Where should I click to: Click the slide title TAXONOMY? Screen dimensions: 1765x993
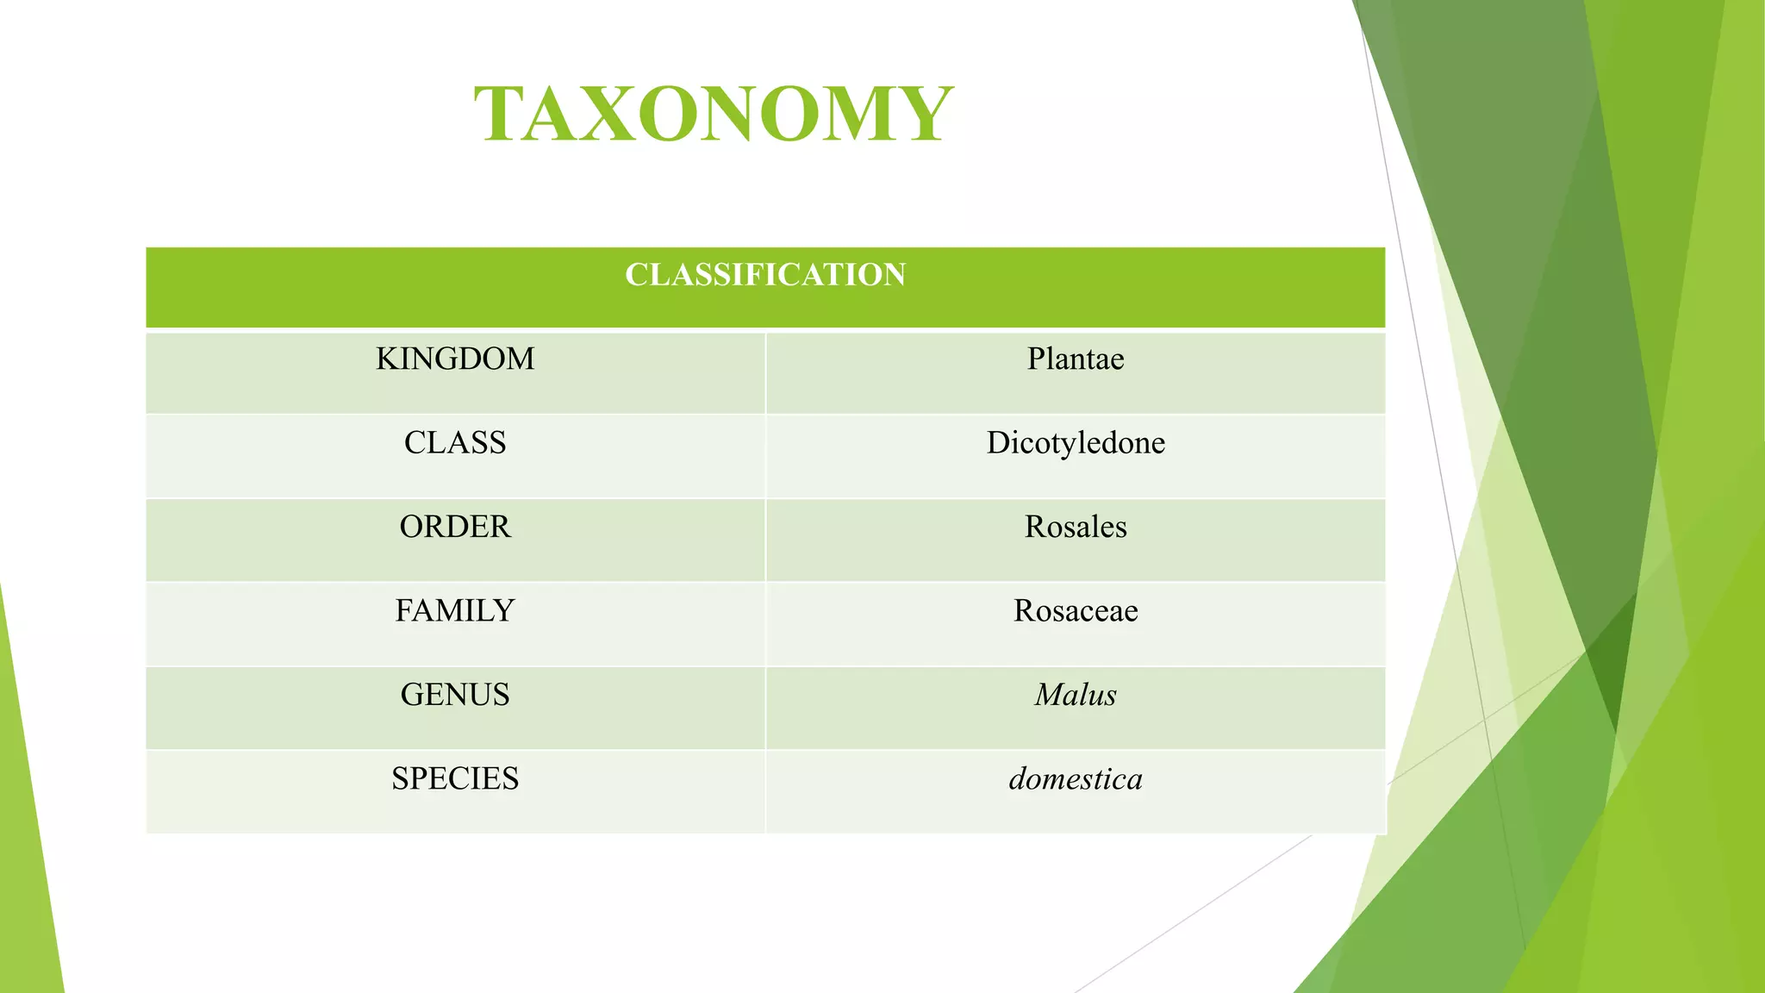point(714,114)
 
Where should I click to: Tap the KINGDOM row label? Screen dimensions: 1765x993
point(455,359)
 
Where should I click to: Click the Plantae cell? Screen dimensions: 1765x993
point(1076,359)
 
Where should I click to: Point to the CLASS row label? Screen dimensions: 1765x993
point(455,442)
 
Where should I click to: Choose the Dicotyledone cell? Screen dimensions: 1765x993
point(1076,443)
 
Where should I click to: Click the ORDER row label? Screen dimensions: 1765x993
point(455,527)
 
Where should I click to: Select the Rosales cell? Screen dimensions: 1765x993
point(1076,527)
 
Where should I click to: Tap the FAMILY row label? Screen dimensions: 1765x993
point(455,610)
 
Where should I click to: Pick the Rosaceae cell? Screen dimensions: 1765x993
point(1076,610)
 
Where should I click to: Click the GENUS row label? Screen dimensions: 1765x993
point(455,695)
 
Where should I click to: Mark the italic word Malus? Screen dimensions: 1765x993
point(1076,695)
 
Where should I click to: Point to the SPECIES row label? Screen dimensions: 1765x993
point(455,778)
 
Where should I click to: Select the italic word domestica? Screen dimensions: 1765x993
point(1076,778)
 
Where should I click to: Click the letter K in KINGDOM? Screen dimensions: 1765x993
point(386,359)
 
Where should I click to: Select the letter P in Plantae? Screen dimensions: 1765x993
point(1035,359)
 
